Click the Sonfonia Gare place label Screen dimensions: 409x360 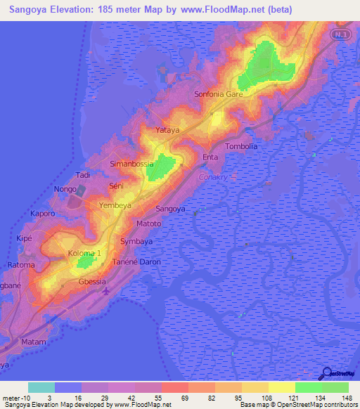pyautogui.click(x=218, y=93)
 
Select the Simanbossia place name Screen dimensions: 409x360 pyautogui.click(x=131, y=164)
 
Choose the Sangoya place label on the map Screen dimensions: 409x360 pyautogui.click(x=170, y=209)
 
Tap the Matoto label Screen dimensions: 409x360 pyautogui.click(x=148, y=223)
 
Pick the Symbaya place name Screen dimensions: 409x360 pyautogui.click(x=136, y=241)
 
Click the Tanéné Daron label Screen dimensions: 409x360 pyautogui.click(x=137, y=261)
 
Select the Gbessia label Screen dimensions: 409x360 pyautogui.click(x=91, y=281)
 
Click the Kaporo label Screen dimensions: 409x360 pyautogui.click(x=42, y=212)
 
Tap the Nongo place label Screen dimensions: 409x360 pyautogui.click(x=65, y=189)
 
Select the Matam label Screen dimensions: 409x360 pyautogui.click(x=33, y=342)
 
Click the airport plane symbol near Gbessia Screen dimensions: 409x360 pyautogui.click(x=105, y=290)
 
